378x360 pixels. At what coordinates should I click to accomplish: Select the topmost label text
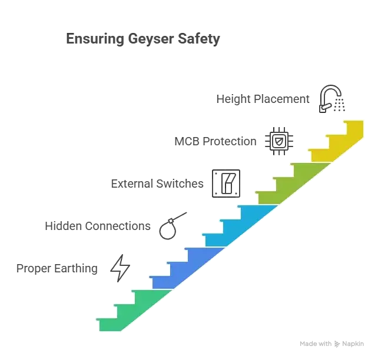tap(263, 99)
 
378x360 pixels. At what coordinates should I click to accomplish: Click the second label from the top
tap(217, 141)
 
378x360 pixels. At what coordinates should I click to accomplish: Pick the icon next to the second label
tap(279, 141)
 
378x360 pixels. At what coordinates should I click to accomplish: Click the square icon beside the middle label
tap(226, 183)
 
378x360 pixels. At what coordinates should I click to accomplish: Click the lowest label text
tap(57, 269)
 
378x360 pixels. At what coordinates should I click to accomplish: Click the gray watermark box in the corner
tap(331, 343)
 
